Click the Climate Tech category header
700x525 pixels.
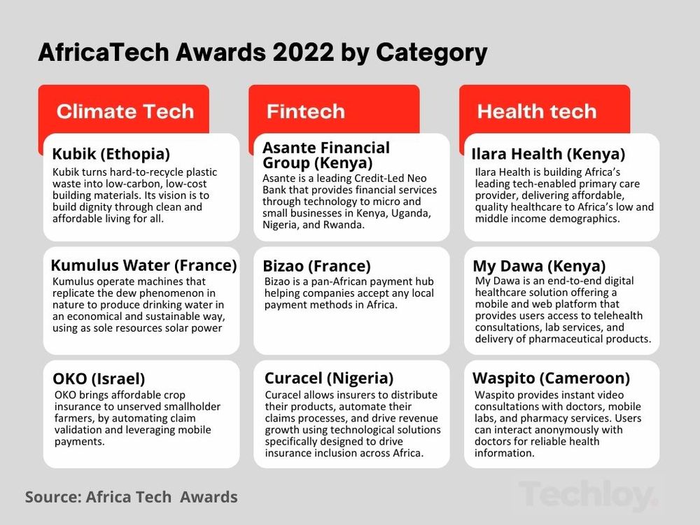pos(125,111)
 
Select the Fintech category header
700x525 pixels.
pos(305,111)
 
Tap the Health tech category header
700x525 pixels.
pos(536,111)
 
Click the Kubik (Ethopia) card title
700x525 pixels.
pos(111,154)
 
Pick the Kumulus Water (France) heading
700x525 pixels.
pos(143,265)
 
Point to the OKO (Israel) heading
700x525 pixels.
pos(99,379)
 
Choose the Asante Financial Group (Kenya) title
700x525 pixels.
pos(325,155)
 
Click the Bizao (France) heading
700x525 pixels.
pos(316,266)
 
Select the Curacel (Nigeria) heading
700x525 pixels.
pos(328,378)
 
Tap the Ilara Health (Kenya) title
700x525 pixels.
pos(548,154)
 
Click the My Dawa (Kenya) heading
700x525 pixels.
pos(539,266)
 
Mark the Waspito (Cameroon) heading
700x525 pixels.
pos(551,378)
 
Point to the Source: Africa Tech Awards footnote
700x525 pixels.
pos(131,497)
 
